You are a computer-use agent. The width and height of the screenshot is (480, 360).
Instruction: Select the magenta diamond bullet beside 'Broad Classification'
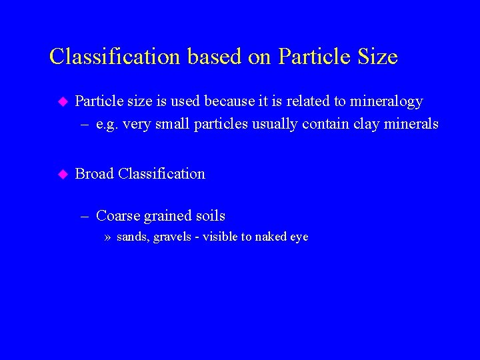click(63, 175)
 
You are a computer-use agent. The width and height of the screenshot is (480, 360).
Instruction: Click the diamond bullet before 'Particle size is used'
click(63, 102)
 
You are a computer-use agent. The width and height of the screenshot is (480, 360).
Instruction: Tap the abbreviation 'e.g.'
click(107, 124)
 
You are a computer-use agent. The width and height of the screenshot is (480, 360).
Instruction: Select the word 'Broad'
click(94, 174)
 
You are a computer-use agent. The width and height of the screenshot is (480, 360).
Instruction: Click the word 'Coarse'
click(118, 216)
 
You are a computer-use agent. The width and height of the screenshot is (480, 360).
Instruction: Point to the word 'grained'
click(167, 217)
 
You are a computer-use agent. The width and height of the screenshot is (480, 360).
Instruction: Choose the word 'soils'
click(210, 216)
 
